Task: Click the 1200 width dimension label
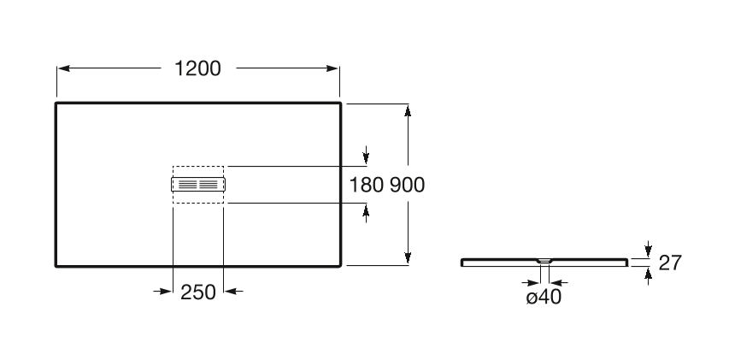(197, 69)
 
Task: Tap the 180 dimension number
(367, 184)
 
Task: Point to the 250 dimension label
(197, 292)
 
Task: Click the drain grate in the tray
(197, 184)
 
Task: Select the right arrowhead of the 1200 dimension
(334, 69)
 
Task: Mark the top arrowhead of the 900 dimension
(409, 110)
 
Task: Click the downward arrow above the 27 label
(648, 250)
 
